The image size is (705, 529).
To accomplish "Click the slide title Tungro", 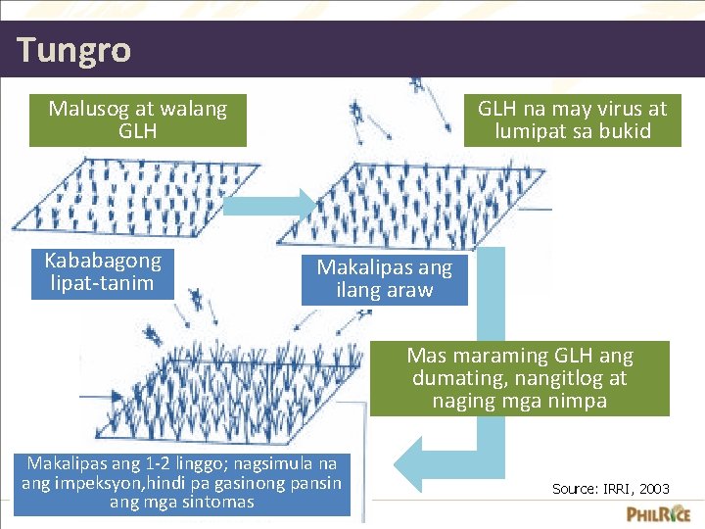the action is click(x=73, y=49).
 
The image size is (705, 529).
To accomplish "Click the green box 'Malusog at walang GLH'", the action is click(x=137, y=120).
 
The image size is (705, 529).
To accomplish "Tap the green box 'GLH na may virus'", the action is click(x=572, y=120).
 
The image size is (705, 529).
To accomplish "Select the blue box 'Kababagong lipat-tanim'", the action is click(x=102, y=272).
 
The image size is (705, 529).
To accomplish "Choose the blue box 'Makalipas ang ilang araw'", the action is click(x=384, y=279).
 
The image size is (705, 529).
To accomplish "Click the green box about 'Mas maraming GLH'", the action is click(x=519, y=378).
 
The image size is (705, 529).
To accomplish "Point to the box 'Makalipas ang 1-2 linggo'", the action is click(x=181, y=482).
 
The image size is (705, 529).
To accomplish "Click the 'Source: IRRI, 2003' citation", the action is click(x=611, y=488).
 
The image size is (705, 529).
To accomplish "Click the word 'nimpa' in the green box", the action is click(x=578, y=401).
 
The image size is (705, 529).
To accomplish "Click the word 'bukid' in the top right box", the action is click(x=623, y=131).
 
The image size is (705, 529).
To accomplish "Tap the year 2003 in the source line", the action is click(x=654, y=488).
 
